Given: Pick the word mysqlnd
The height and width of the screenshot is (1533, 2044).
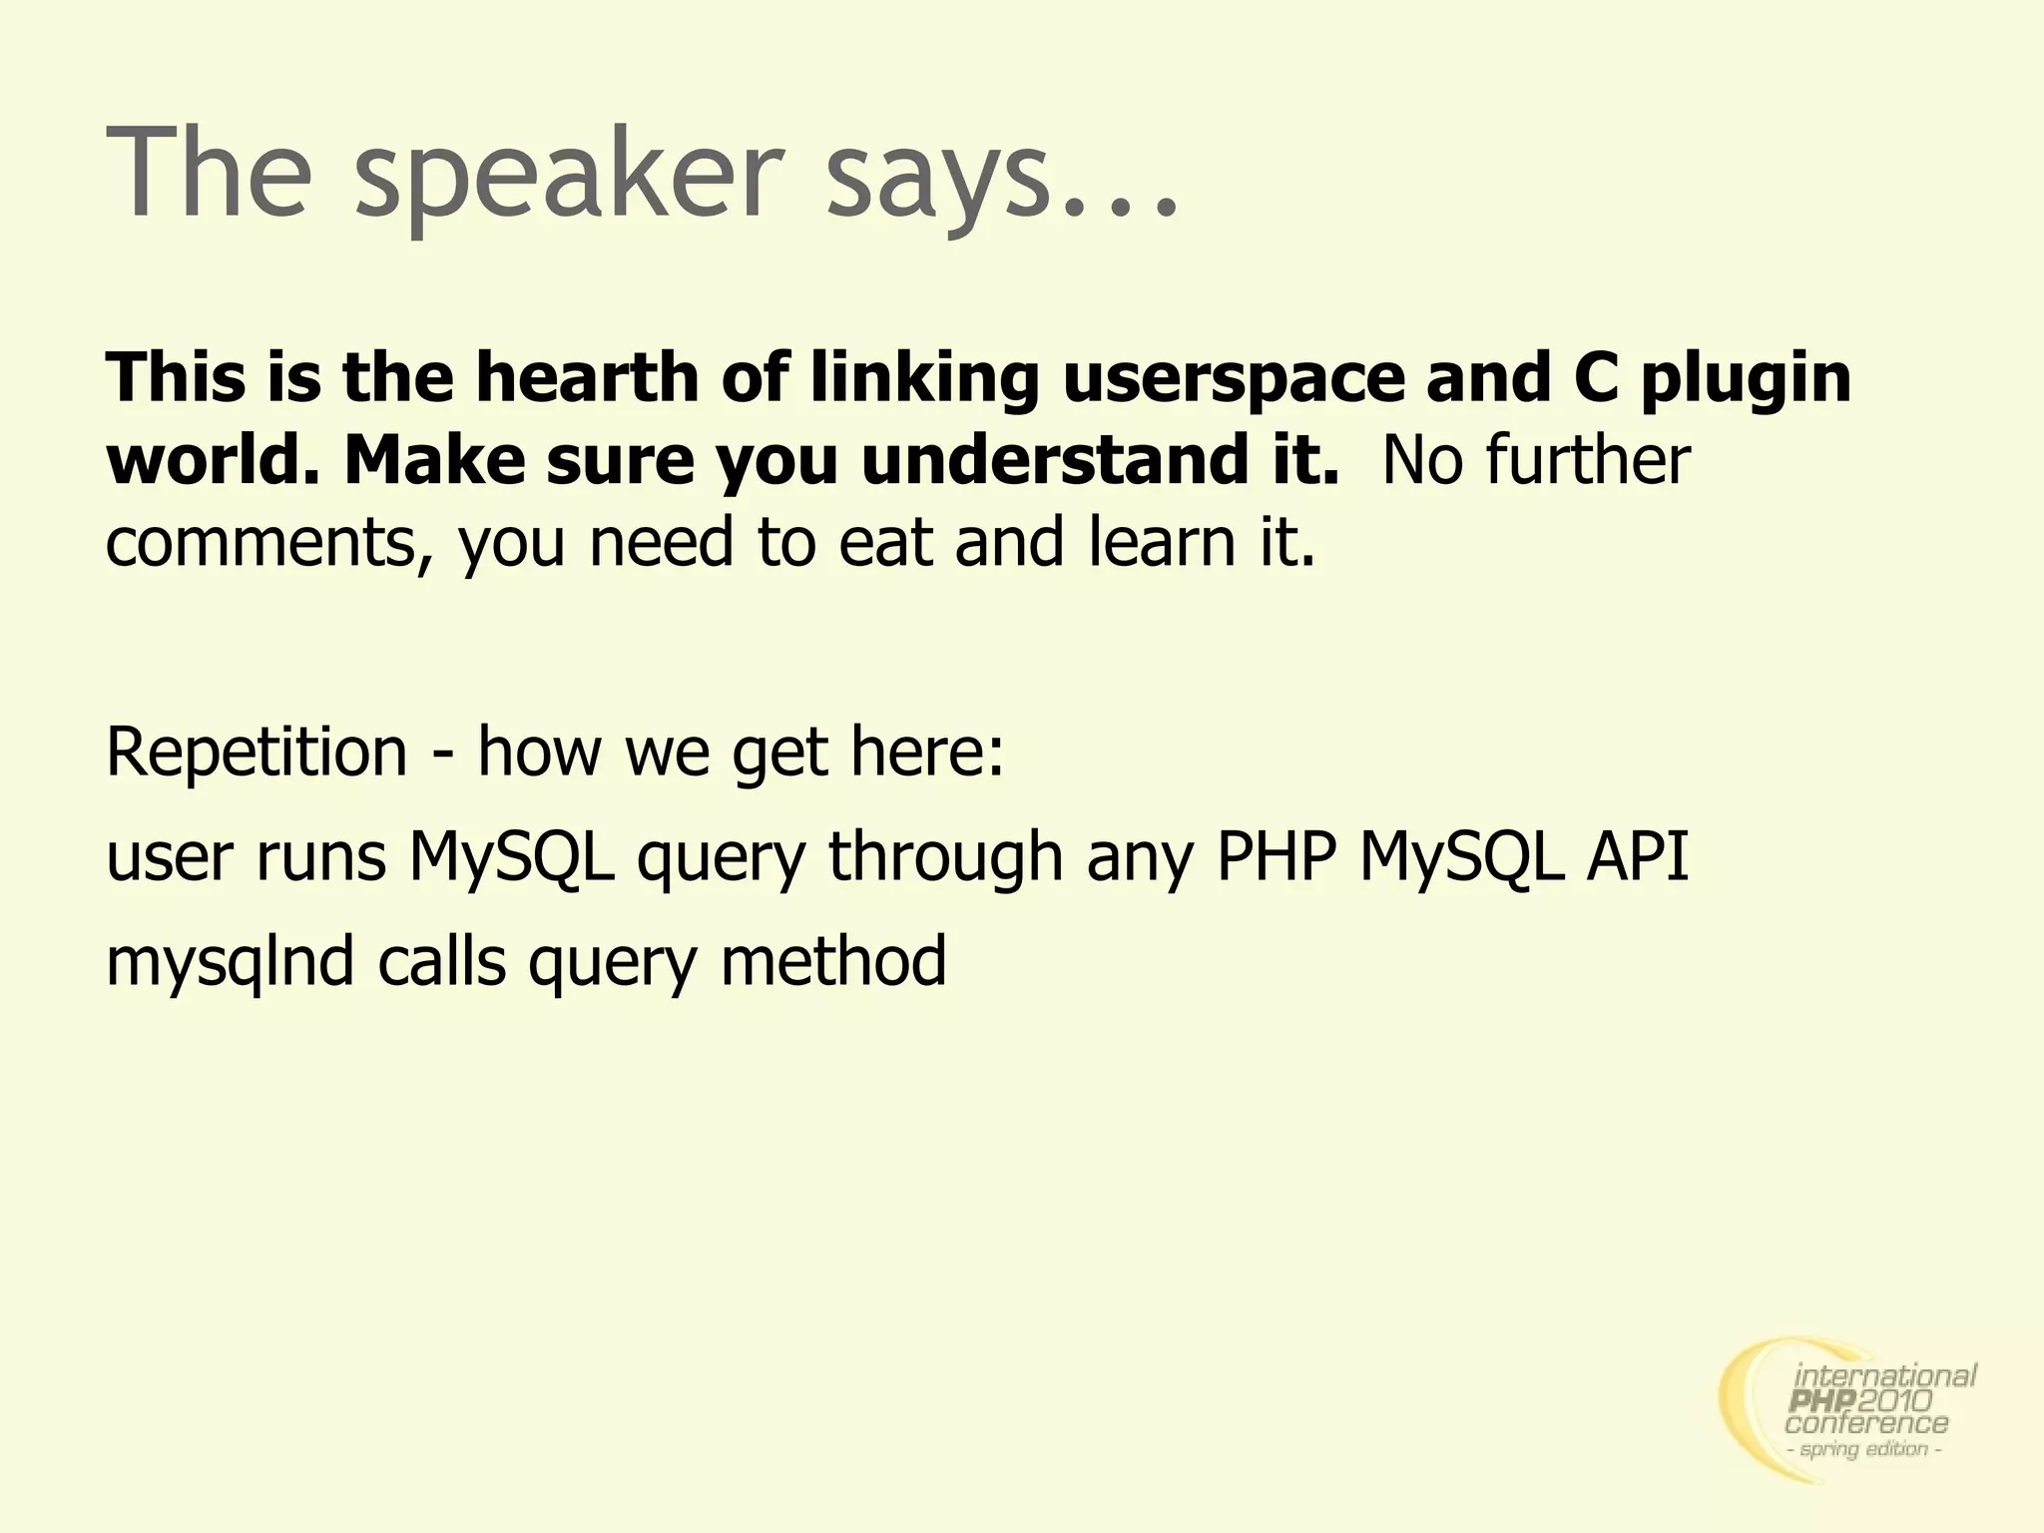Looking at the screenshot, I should [x=230, y=963].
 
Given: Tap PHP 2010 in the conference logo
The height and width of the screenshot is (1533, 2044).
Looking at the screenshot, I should [x=1862, y=1402].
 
